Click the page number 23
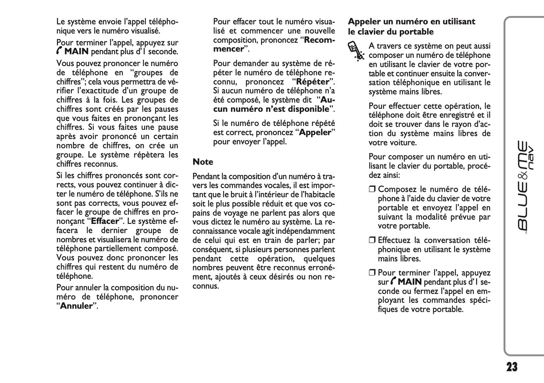(x=512, y=367)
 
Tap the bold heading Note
(x=203, y=162)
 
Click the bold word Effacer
(x=105, y=221)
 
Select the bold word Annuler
(x=76, y=306)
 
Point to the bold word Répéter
(x=313, y=82)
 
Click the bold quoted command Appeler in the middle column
(x=315, y=132)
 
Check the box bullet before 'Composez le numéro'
(x=372, y=190)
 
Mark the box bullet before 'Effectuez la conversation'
(x=372, y=240)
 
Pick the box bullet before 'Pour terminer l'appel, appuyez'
(x=372, y=273)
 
